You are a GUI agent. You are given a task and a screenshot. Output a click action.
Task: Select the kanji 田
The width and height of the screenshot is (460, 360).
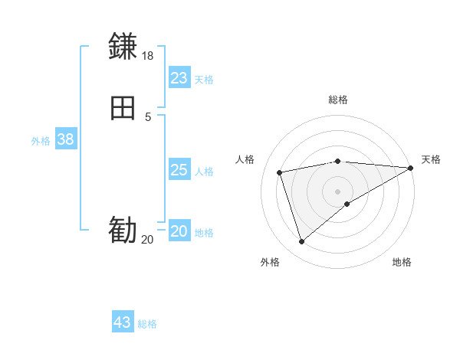tap(123, 109)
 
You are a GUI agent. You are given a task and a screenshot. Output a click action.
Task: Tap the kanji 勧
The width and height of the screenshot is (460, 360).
tap(123, 230)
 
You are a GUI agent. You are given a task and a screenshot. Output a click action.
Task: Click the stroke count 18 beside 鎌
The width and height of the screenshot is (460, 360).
tap(148, 56)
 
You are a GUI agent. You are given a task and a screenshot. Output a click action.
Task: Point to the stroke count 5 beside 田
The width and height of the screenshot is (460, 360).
tap(148, 117)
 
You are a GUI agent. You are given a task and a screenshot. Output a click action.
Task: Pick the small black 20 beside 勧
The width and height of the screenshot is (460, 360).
tap(147, 240)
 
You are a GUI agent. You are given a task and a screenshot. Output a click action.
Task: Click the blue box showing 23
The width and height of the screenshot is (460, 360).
tap(179, 78)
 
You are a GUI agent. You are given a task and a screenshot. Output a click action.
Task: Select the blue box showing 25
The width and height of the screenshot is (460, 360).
tap(179, 170)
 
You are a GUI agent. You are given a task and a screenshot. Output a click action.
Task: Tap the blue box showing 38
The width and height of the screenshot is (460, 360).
tap(65, 139)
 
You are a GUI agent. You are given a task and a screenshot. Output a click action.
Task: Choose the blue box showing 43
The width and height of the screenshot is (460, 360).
tap(123, 322)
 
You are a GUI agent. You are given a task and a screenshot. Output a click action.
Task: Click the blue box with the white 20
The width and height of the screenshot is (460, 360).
tap(179, 231)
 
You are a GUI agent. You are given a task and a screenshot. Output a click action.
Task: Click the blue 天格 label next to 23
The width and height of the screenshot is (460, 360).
tap(204, 80)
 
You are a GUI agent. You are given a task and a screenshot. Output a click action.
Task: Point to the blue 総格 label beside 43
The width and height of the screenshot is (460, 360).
tap(147, 324)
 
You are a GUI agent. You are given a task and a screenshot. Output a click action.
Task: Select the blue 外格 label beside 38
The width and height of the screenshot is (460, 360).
tap(41, 141)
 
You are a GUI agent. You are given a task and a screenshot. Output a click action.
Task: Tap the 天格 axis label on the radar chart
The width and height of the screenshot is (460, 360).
tap(431, 159)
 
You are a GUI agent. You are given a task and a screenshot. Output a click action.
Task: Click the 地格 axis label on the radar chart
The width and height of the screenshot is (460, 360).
tap(402, 262)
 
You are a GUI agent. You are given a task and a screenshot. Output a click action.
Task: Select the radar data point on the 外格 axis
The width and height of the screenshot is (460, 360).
tap(301, 242)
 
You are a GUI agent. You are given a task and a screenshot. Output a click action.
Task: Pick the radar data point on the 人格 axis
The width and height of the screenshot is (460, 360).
tap(280, 172)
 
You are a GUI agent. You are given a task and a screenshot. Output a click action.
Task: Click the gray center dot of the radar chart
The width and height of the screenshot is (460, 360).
tap(338, 191)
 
